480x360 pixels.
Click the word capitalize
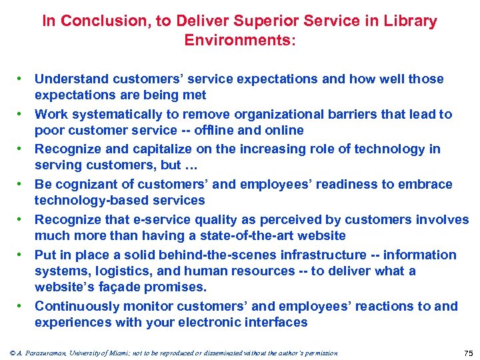click(157, 149)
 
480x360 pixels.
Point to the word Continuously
click(79, 306)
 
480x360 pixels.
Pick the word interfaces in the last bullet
click(277, 323)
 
